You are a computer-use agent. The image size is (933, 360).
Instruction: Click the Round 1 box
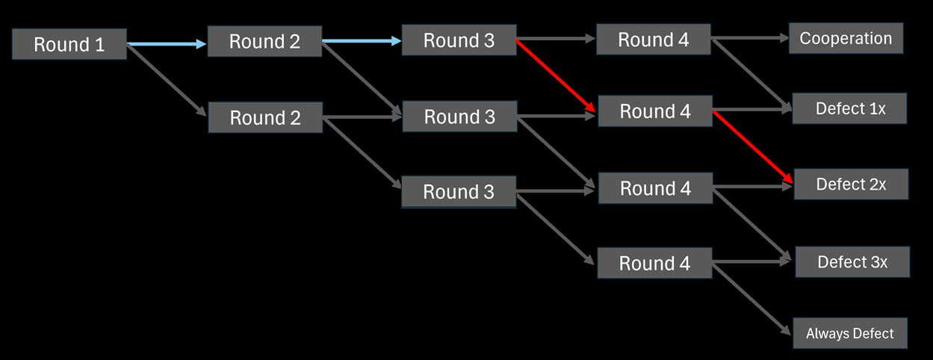[69, 44]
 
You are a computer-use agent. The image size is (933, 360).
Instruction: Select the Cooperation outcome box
[846, 39]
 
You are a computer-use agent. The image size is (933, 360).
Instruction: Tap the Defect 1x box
[850, 108]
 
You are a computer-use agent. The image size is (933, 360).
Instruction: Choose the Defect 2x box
[851, 184]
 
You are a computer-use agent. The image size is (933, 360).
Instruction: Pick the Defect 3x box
[852, 261]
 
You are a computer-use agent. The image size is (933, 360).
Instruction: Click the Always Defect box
[849, 333]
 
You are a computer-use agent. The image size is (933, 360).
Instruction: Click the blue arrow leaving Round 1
[166, 45]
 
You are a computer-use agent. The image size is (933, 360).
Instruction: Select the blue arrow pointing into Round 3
[362, 41]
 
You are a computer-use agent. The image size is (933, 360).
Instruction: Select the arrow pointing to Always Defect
[750, 298]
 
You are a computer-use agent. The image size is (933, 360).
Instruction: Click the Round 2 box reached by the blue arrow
[264, 42]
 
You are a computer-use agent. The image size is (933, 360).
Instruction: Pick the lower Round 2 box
[265, 117]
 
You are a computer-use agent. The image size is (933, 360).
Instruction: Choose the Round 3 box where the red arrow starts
[459, 40]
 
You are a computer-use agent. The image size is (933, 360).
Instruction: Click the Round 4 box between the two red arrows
[655, 111]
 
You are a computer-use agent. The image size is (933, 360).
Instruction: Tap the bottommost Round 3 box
[459, 192]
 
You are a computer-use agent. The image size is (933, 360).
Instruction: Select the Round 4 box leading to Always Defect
[655, 263]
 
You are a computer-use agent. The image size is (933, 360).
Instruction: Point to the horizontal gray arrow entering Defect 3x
[750, 262]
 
